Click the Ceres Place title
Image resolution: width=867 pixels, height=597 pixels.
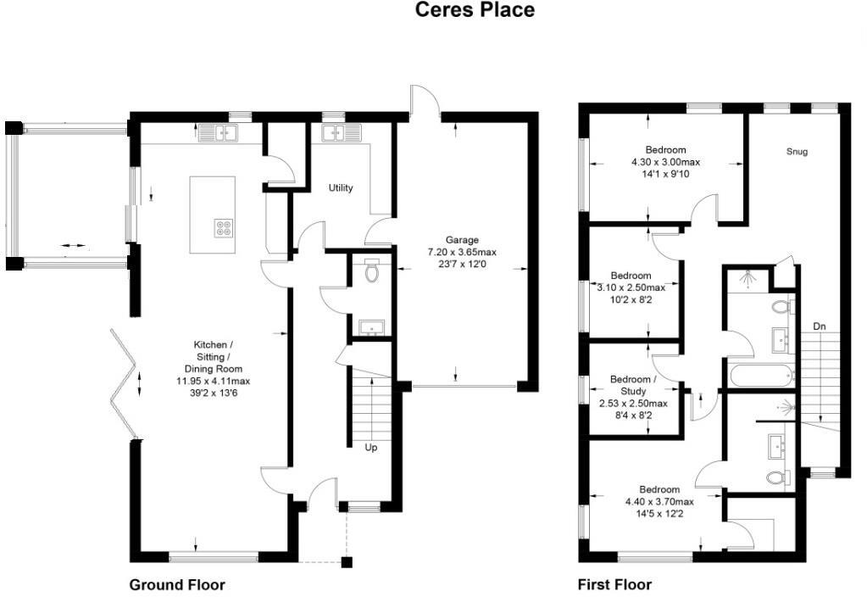(x=475, y=10)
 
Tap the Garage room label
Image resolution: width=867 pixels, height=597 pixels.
(x=463, y=240)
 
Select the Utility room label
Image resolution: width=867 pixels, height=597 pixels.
(x=341, y=188)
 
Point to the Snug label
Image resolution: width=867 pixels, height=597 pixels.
(x=796, y=152)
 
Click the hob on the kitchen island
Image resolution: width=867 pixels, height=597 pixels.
(x=224, y=227)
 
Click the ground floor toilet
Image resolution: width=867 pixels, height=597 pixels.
(x=371, y=272)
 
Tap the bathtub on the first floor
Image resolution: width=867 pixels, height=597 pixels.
(x=759, y=374)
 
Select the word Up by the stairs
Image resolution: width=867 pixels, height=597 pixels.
(x=370, y=447)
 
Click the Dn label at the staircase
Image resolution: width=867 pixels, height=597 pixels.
(x=820, y=326)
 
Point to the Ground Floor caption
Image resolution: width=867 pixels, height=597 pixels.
(x=177, y=584)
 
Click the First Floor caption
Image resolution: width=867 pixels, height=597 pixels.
(x=614, y=584)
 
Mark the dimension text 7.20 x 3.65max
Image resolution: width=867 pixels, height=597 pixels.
(x=463, y=252)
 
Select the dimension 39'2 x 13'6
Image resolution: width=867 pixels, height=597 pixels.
(x=212, y=393)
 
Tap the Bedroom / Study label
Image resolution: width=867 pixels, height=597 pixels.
(x=633, y=385)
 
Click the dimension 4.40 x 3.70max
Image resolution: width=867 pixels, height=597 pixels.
(x=659, y=501)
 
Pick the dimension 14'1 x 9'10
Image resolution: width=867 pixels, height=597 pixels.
(x=665, y=174)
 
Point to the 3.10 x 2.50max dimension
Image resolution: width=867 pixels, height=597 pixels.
(x=631, y=287)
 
